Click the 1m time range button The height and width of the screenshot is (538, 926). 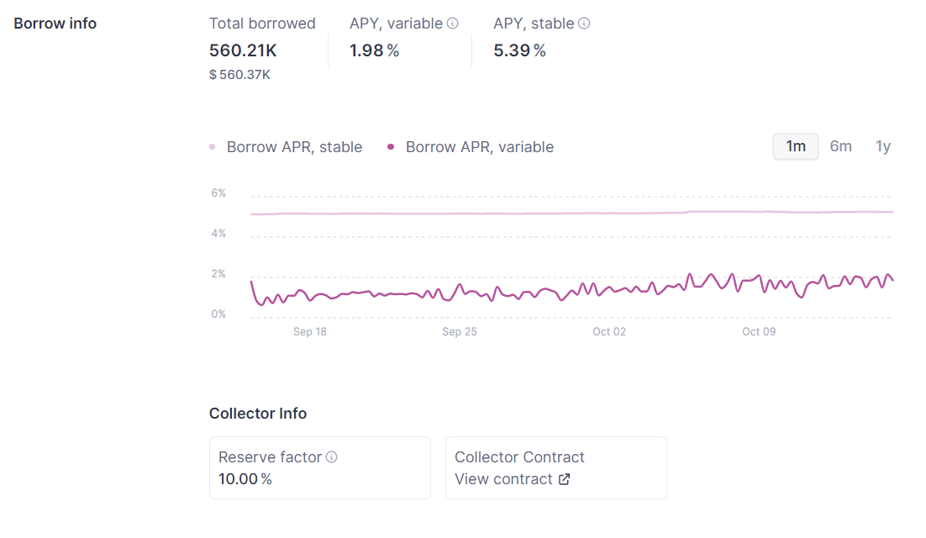796,146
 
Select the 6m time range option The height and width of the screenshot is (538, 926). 840,146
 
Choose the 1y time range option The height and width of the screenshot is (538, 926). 883,146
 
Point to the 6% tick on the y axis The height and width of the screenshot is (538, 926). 218,193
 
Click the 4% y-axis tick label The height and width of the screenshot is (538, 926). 218,234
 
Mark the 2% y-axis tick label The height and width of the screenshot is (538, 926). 218,274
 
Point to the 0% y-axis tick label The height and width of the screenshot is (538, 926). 218,314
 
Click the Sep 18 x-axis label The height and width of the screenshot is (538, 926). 309,332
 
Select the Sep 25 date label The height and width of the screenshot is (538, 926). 459,332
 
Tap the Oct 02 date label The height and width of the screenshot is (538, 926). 608,332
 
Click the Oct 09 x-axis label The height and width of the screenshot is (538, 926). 758,332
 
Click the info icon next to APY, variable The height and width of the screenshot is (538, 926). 452,24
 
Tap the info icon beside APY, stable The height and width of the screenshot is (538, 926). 584,24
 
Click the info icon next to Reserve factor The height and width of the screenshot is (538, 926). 332,457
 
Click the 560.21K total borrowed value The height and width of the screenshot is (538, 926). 243,50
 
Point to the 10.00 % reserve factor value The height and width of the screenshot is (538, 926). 245,479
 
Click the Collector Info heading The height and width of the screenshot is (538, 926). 258,414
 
